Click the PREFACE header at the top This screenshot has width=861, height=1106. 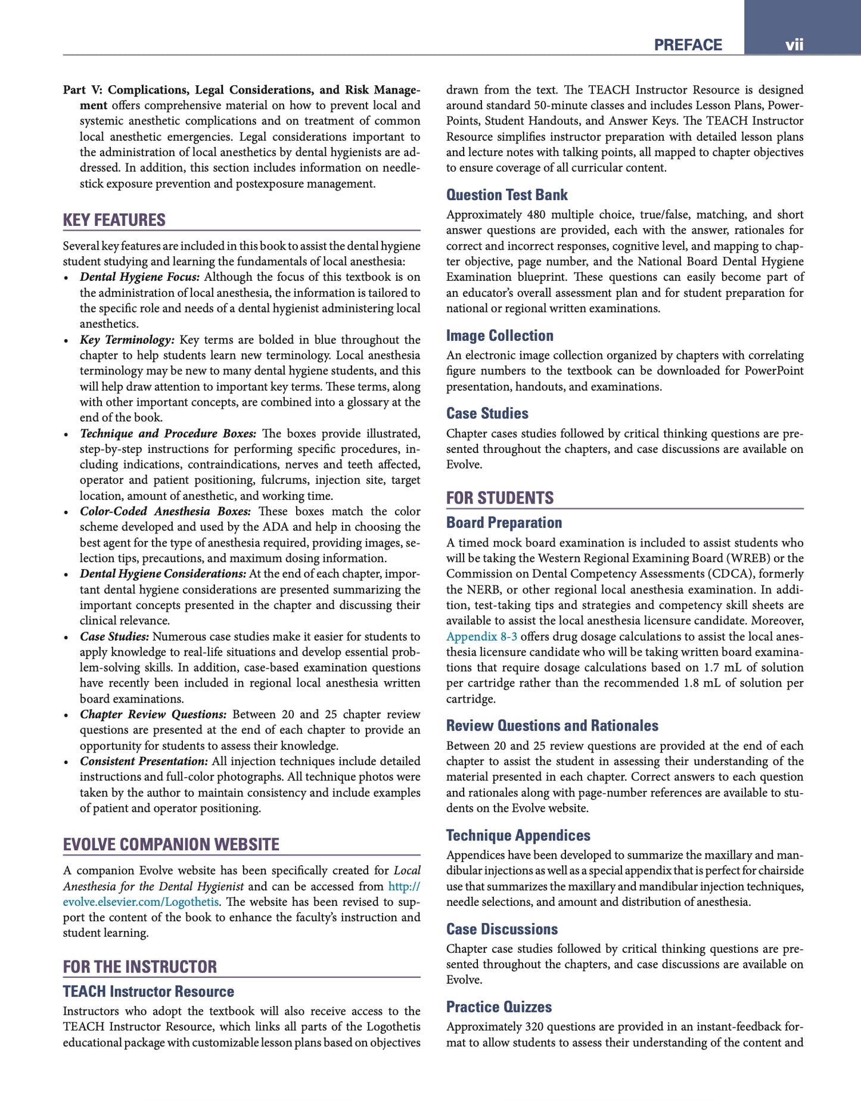pos(688,45)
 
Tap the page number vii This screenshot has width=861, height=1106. pos(794,45)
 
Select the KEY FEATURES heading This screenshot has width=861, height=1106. pos(114,220)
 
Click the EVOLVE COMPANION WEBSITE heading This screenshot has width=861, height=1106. pos(171,844)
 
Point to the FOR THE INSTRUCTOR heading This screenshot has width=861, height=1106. pos(140,967)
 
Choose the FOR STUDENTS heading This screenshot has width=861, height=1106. pos(500,498)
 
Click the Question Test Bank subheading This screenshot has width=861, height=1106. pos(507,195)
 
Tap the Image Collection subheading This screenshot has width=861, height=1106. pos(500,335)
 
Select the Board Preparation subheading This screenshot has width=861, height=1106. pos(504,523)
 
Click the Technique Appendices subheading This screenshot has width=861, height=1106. pos(518,835)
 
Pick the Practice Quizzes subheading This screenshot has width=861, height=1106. pos(499,1007)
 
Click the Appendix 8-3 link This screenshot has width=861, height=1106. pos(481,636)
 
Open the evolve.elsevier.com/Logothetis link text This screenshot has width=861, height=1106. pos(140,902)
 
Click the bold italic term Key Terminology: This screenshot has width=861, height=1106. pos(127,340)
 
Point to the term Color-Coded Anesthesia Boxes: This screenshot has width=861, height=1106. pos(165,511)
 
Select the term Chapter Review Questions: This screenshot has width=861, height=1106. pos(153,714)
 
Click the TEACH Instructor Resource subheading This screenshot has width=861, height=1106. pos(148,992)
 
